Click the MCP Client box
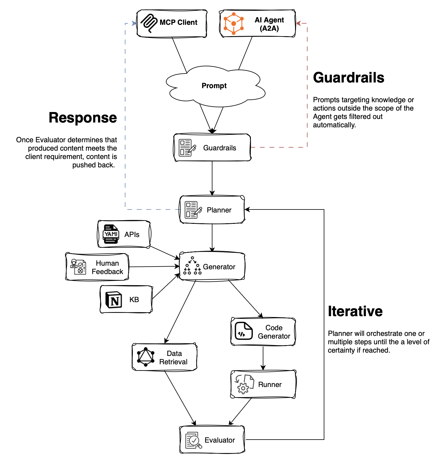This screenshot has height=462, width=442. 172,23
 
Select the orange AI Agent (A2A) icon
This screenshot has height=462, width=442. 234,23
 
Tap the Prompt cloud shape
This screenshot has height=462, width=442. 214,86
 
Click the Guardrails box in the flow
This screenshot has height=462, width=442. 212,148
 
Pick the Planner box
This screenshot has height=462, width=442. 212,210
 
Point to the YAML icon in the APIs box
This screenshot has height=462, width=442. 111,234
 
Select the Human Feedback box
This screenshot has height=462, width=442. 97,267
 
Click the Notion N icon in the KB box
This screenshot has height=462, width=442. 114,300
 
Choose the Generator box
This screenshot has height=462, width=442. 212,267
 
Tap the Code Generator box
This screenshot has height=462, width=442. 263,332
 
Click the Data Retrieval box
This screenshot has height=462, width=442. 165,357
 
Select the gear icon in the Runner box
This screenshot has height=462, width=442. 243,388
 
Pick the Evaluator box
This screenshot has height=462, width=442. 212,440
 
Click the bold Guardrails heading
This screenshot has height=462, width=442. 348,78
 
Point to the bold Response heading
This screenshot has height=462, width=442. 83,118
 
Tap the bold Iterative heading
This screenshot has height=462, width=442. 355,311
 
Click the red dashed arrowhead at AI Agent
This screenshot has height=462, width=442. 298,23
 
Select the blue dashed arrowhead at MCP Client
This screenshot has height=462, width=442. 134,23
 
